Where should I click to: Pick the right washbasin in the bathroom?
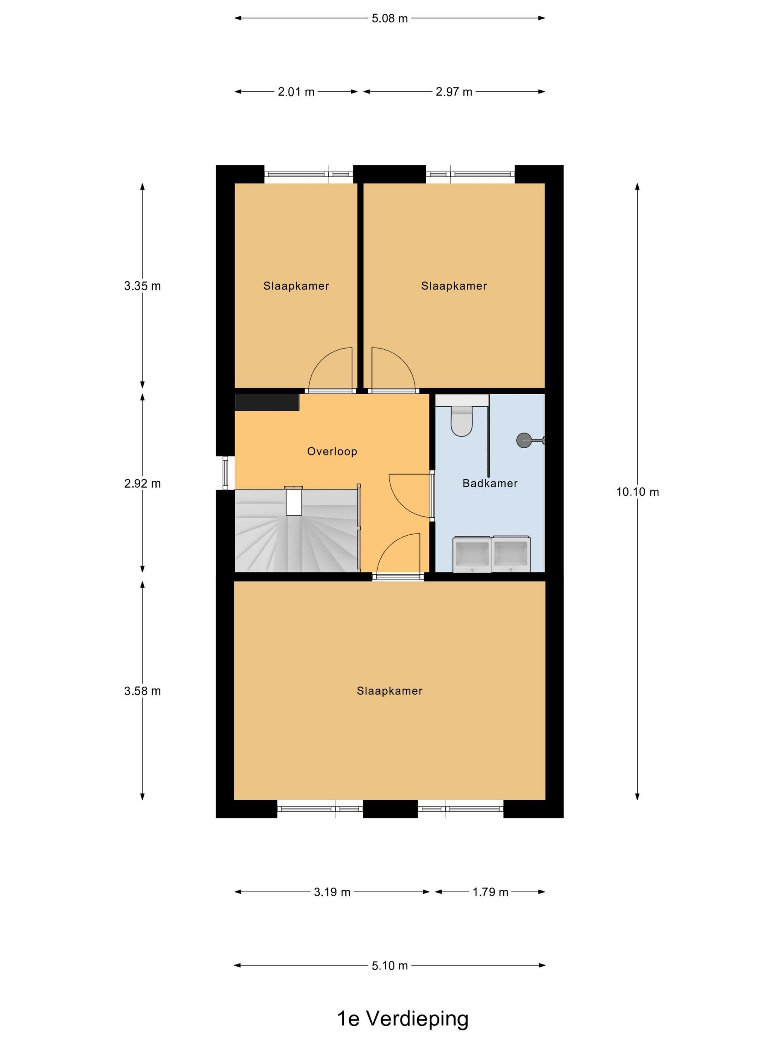tap(511, 554)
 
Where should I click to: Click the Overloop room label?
tap(332, 451)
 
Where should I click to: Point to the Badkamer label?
tap(490, 483)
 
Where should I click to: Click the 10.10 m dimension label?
tap(637, 492)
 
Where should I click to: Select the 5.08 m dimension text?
tap(389, 18)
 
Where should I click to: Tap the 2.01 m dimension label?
tap(296, 92)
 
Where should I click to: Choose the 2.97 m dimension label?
tap(453, 92)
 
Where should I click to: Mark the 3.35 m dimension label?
tap(142, 286)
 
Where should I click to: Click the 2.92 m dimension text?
tap(142, 483)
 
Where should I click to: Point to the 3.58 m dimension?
tap(142, 691)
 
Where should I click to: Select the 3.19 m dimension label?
tap(332, 892)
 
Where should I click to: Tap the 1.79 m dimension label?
tap(490, 892)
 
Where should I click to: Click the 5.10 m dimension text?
tap(389, 966)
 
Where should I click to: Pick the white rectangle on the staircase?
tap(293, 501)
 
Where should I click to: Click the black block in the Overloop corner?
tap(267, 402)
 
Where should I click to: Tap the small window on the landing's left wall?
tap(225, 473)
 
